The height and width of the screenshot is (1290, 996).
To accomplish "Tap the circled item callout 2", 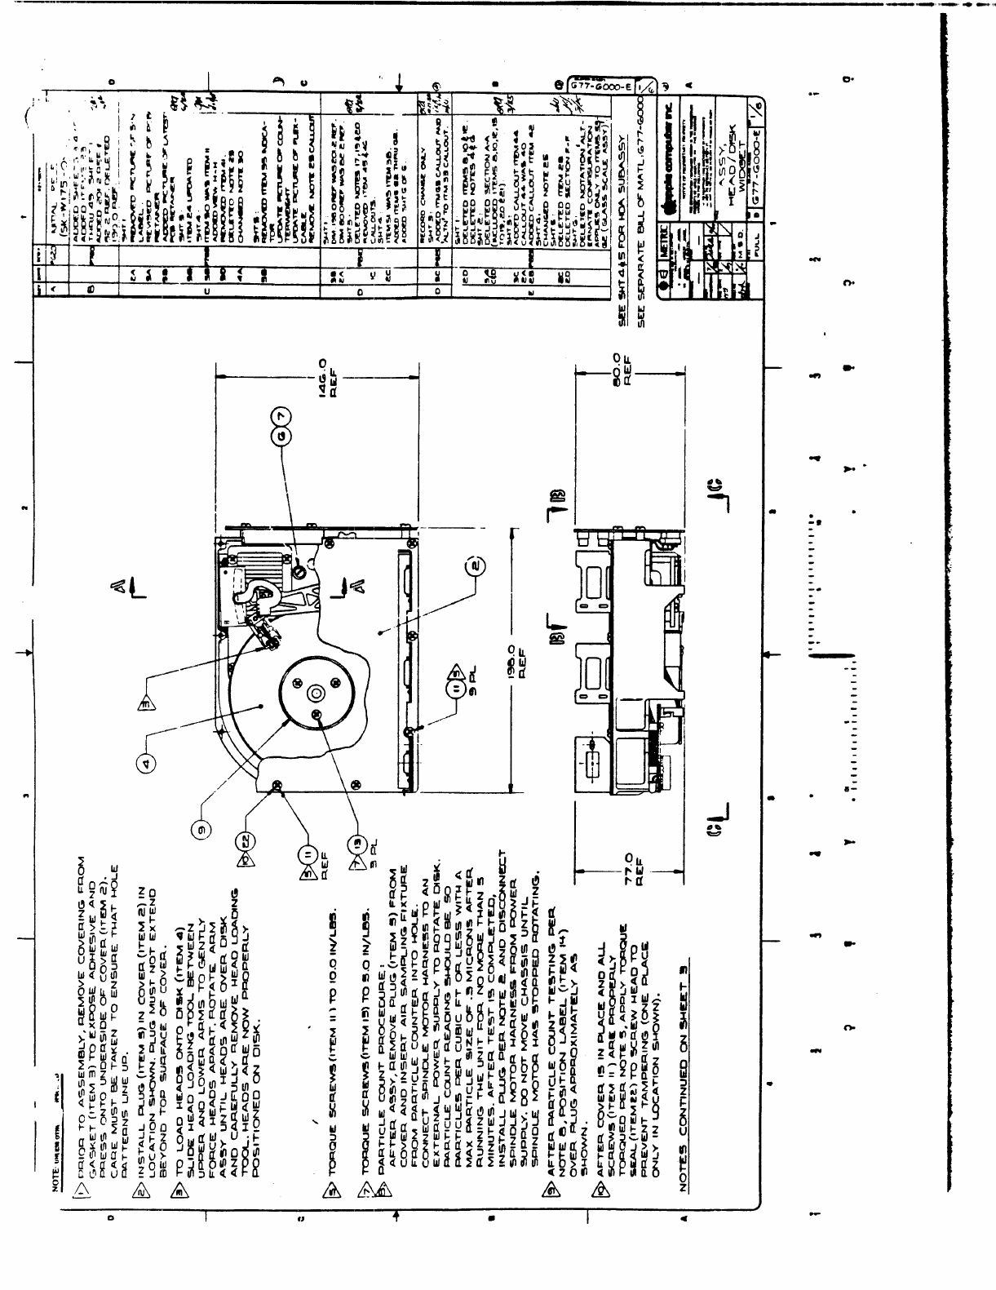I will pyautogui.click(x=477, y=564).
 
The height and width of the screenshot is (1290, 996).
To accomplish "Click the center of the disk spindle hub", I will pyautogui.click(x=317, y=694).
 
